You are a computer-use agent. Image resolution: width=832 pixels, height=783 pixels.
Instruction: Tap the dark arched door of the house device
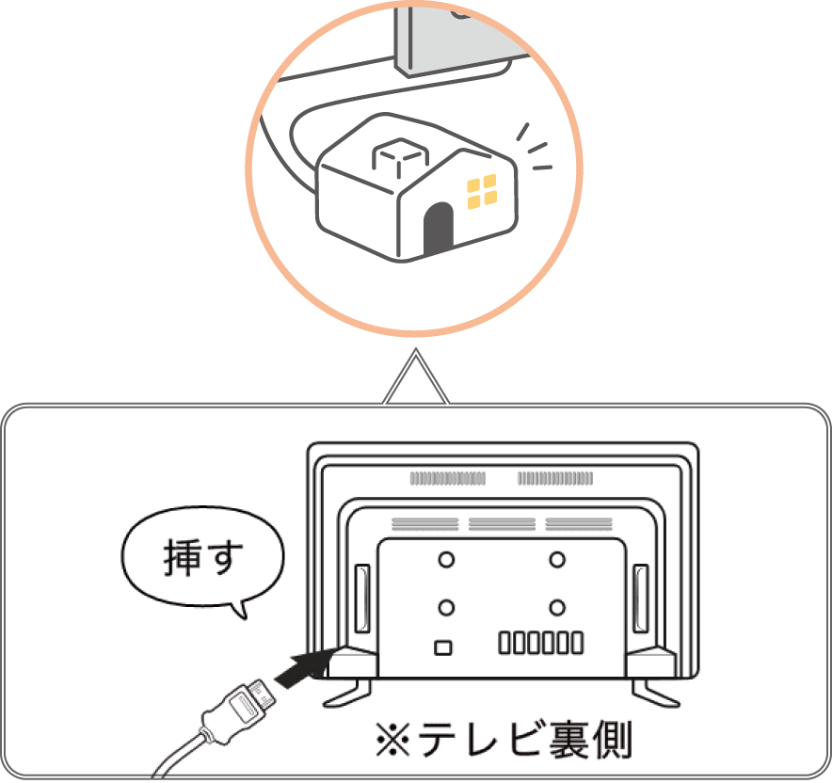coord(436,231)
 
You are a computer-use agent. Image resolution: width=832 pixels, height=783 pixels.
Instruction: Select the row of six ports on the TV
coord(540,644)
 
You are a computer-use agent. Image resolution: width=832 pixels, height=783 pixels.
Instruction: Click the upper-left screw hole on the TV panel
coord(446,559)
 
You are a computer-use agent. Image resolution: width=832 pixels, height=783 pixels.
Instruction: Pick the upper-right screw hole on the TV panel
coord(558,559)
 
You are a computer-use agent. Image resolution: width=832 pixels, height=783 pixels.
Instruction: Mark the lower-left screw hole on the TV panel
coord(446,606)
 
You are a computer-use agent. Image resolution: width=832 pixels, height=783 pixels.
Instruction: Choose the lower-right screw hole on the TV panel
coord(558,606)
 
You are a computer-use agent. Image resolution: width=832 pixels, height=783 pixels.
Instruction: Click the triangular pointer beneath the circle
coord(415,381)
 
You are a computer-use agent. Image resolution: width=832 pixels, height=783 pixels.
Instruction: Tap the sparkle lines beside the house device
coord(535,151)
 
